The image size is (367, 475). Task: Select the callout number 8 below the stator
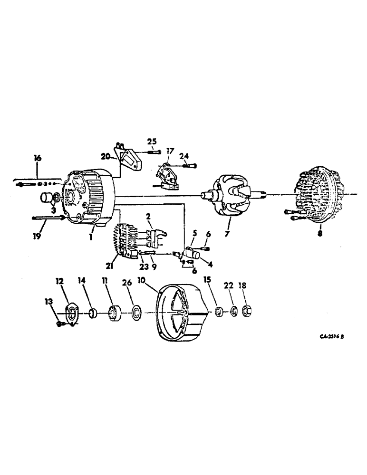(320, 234)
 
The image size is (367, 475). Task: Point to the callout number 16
(38, 157)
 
